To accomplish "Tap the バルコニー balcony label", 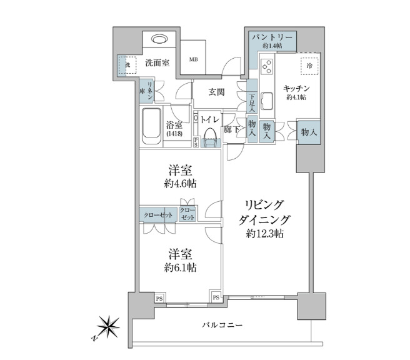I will [223, 325].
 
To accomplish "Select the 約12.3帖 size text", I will [264, 234].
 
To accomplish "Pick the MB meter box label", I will [194, 60].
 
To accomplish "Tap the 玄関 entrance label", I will [216, 92].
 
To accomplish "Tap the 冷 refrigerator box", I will [309, 65].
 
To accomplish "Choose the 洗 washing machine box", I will [126, 65].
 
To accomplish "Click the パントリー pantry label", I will [268, 37].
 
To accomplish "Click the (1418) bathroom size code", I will [174, 134].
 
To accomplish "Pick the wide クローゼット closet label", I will [158, 214].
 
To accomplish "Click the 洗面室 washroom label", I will [156, 62].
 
